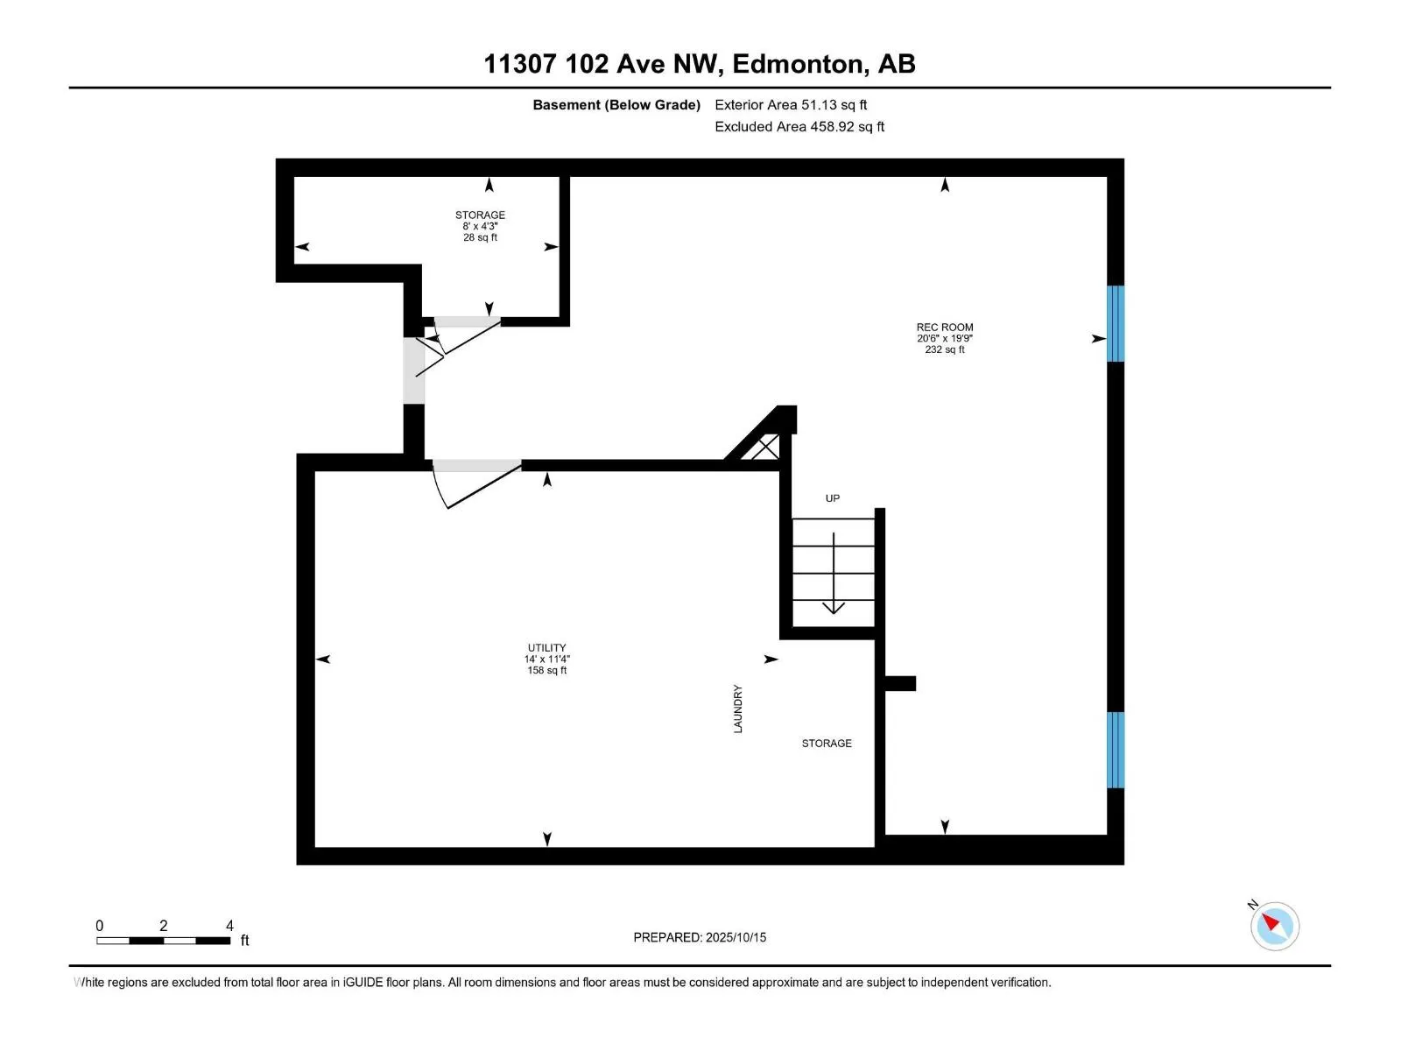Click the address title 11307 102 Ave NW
point(699,64)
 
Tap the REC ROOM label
point(944,328)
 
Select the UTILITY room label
point(546,648)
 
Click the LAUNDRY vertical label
point(738,709)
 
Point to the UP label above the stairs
point(832,498)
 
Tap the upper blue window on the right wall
point(1116,323)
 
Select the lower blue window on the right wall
point(1116,750)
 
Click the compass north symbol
point(1274,926)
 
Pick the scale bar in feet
point(164,941)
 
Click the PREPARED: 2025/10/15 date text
point(700,937)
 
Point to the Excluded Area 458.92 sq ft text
point(799,127)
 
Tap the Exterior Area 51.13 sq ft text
point(791,105)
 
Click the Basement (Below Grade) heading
point(616,105)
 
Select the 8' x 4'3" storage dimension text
point(480,226)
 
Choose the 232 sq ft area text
point(944,349)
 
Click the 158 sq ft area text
point(546,671)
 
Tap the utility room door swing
point(473,486)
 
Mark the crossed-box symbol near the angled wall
point(765,448)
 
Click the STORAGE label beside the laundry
point(827,744)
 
